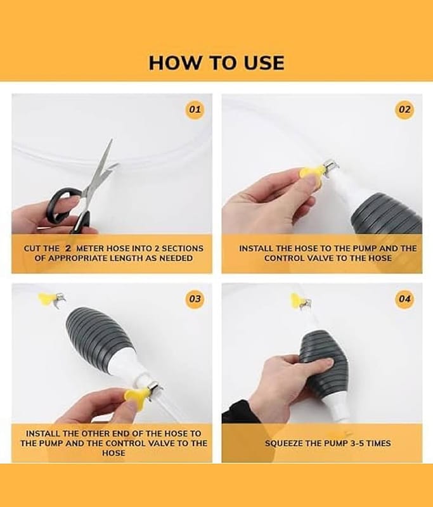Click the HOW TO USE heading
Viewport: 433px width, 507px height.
[216, 63]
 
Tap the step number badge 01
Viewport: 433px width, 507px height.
[195, 109]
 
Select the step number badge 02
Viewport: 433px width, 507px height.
[404, 109]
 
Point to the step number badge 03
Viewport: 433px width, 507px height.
[195, 298]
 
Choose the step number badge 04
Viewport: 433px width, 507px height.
[404, 298]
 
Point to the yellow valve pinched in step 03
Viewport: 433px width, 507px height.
[136, 394]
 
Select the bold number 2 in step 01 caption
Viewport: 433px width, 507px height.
[68, 248]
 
